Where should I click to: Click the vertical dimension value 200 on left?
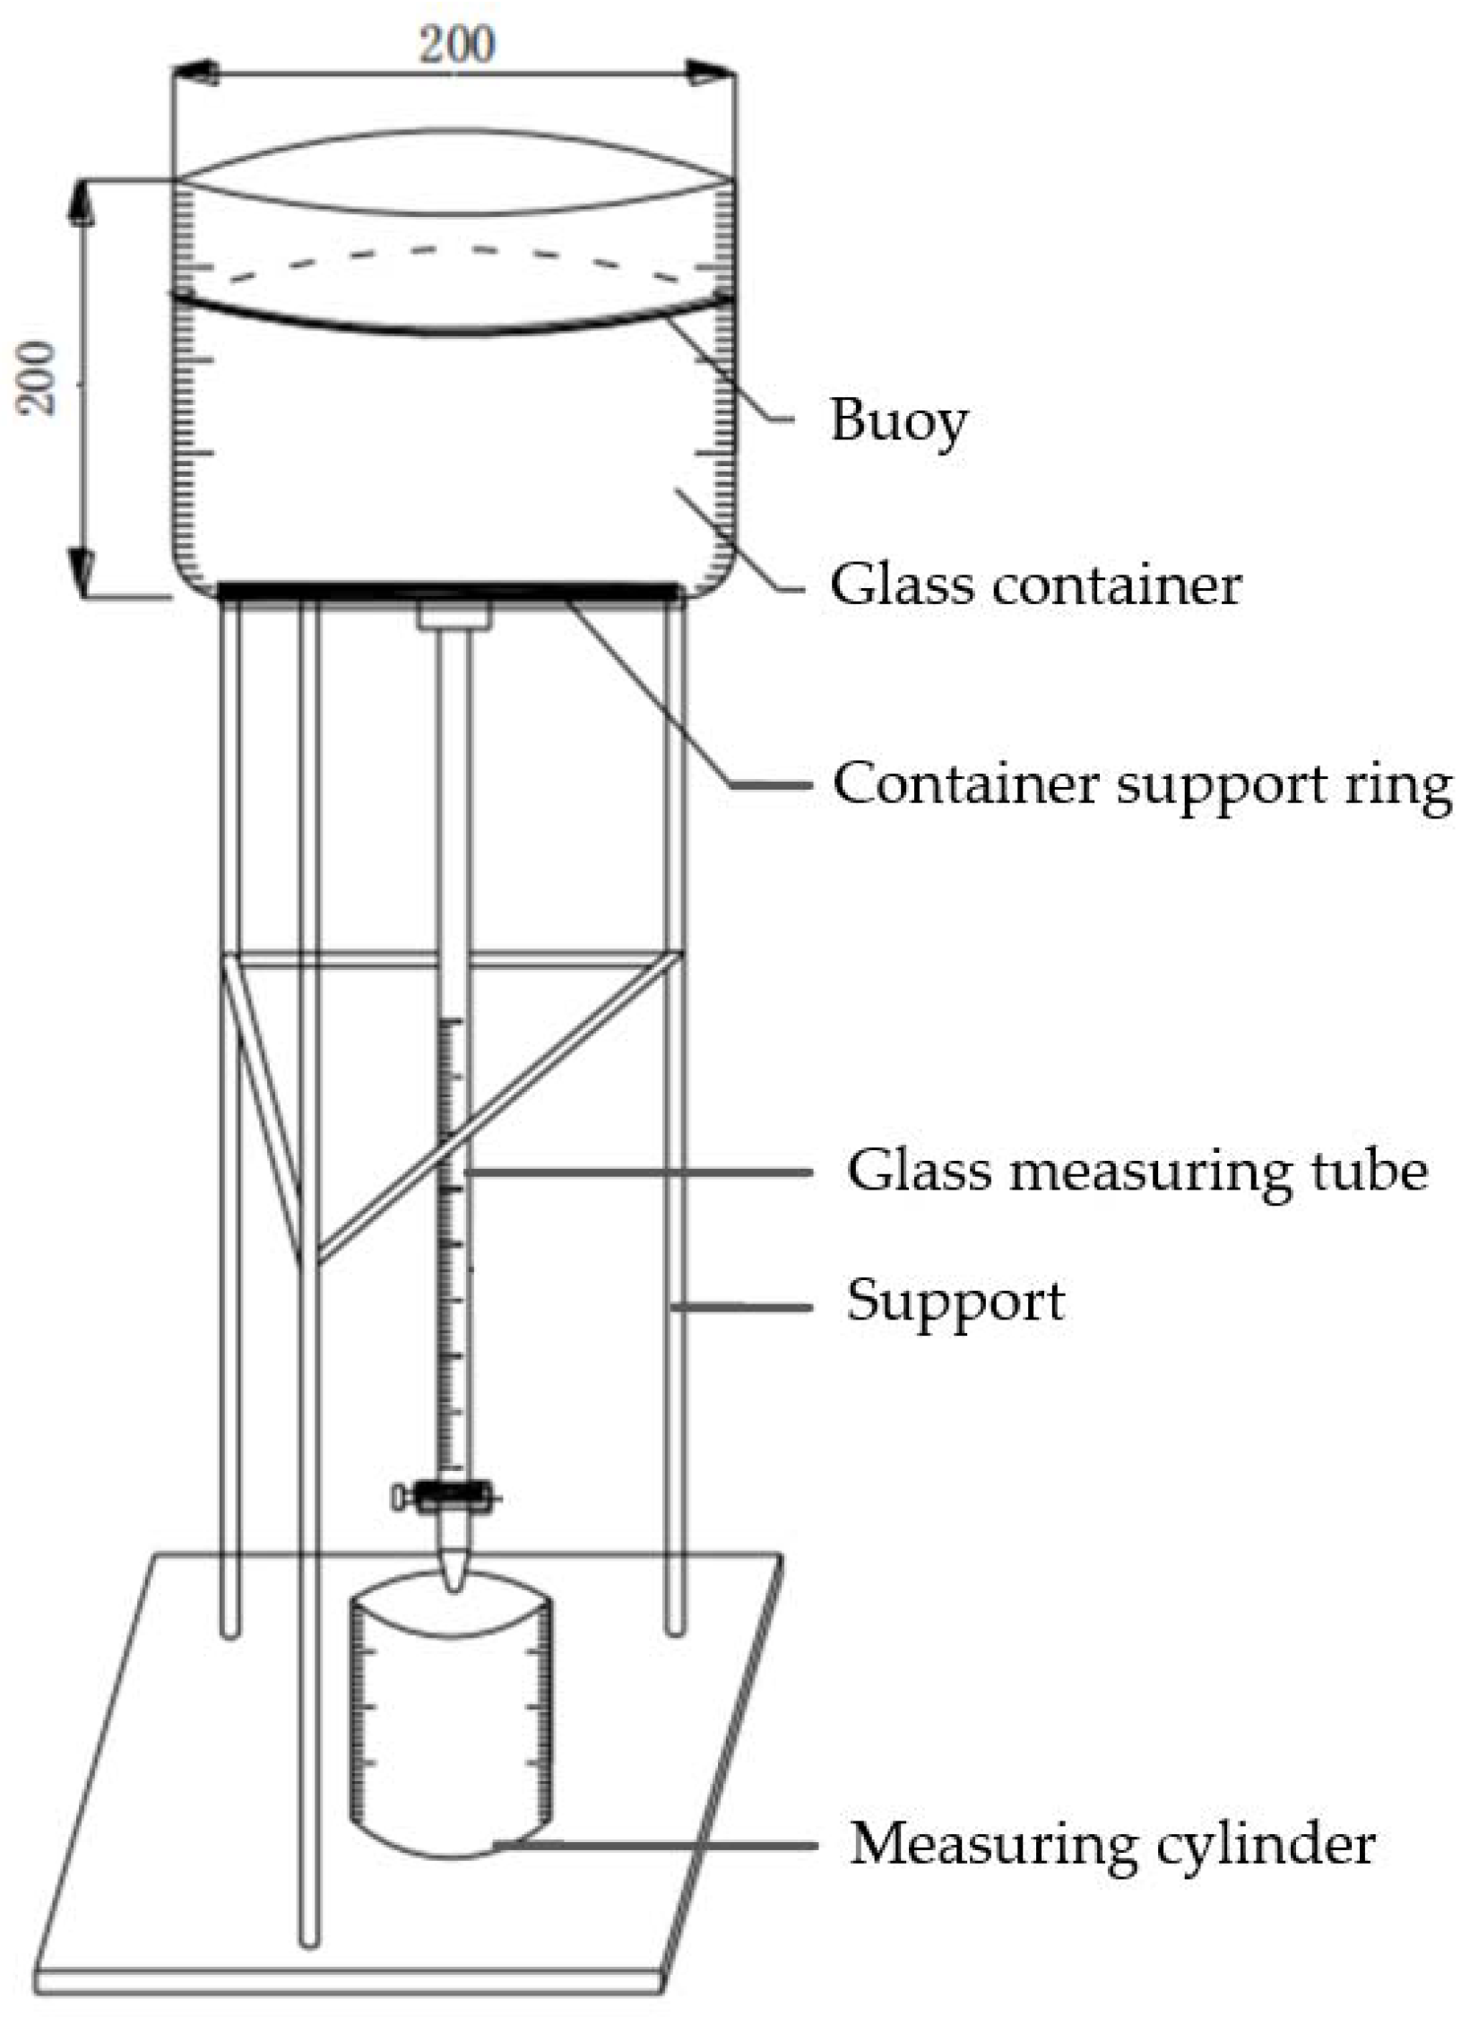pyautogui.click(x=39, y=377)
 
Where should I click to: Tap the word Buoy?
pyautogui.click(x=898, y=420)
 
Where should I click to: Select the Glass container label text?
pyautogui.click(x=1035, y=585)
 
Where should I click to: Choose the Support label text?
pyautogui.click(x=955, y=1301)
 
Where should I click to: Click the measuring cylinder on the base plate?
pyautogui.click(x=451, y=1721)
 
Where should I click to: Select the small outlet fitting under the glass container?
pyautogui.click(x=455, y=615)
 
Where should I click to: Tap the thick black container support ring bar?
pyautogui.click(x=448, y=591)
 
